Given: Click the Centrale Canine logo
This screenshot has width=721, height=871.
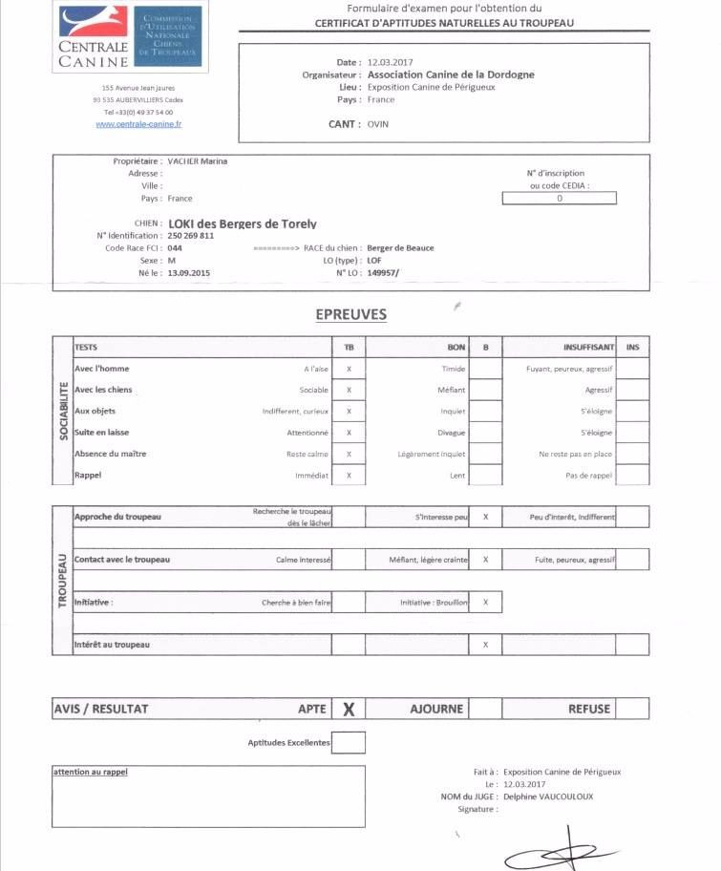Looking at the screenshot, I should (130, 36).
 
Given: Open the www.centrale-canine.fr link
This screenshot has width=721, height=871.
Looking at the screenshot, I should (139, 124).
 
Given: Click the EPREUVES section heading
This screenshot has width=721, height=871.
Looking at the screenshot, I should (350, 314).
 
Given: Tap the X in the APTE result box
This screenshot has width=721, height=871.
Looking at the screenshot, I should (349, 709).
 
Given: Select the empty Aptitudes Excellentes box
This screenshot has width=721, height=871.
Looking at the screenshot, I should (349, 742).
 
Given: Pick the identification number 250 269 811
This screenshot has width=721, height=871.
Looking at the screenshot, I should (190, 235).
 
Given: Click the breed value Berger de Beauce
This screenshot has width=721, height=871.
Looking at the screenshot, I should (401, 248).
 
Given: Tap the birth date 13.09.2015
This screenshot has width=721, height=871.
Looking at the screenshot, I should (188, 273).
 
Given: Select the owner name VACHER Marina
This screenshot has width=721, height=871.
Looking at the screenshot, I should (197, 161).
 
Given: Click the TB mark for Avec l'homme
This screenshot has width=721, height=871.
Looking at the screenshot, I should (349, 369).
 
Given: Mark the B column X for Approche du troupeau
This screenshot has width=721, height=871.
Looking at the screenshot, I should (486, 517).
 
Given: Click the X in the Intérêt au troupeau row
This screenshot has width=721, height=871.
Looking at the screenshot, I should (486, 646).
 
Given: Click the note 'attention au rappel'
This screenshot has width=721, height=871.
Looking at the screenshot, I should (91, 772).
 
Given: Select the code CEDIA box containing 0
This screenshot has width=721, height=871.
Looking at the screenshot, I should (560, 199).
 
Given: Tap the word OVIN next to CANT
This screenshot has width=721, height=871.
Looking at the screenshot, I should (378, 123).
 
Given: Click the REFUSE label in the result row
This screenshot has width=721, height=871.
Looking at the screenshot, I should (589, 709).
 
